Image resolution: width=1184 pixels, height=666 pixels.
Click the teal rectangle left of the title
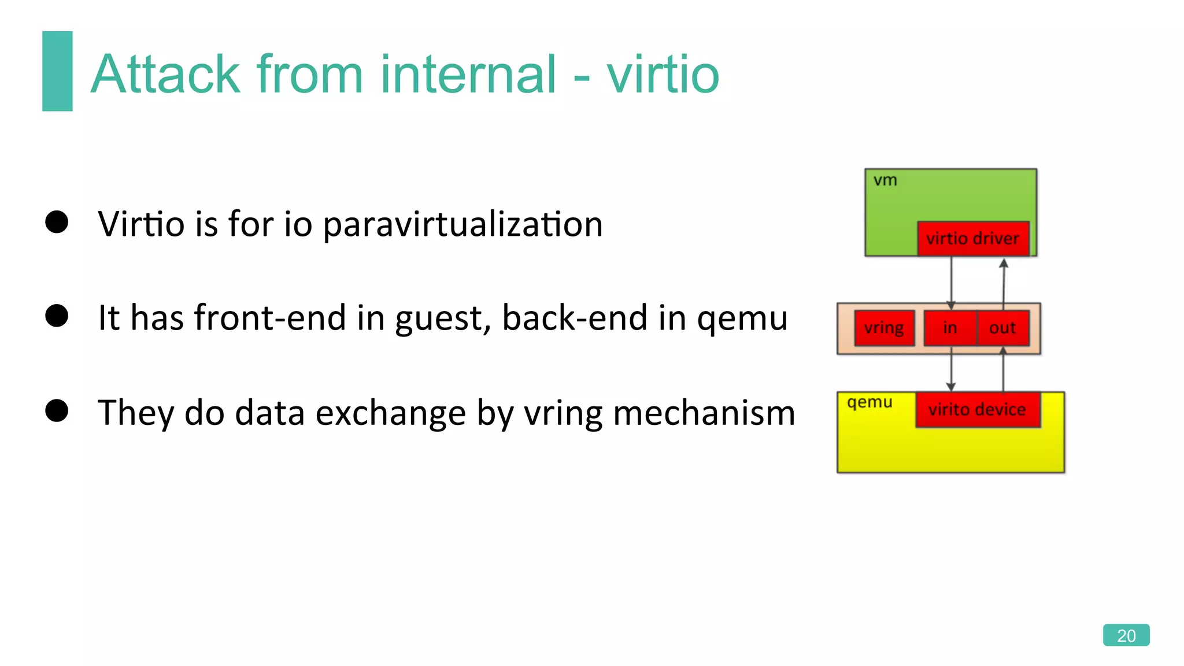tap(57, 71)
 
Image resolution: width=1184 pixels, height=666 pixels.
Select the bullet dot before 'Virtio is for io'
tap(57, 222)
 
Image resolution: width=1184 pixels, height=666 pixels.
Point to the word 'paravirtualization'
tap(462, 224)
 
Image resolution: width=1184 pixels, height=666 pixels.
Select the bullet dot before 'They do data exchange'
tap(57, 410)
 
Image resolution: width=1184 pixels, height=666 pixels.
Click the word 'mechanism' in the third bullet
tap(704, 413)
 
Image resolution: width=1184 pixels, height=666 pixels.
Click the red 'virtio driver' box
tap(973, 238)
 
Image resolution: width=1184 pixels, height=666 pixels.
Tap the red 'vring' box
tap(884, 328)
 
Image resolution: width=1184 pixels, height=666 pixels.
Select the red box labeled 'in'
tap(950, 328)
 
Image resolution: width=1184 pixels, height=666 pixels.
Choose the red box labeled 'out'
tap(1002, 328)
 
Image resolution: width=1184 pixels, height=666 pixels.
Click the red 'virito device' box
tap(977, 410)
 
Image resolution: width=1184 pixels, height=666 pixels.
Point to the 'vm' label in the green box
tap(885, 180)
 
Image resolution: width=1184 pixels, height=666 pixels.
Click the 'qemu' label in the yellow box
tap(869, 402)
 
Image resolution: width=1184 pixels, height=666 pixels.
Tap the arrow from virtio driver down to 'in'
tap(951, 280)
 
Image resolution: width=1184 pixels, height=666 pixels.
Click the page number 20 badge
tap(1126, 635)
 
